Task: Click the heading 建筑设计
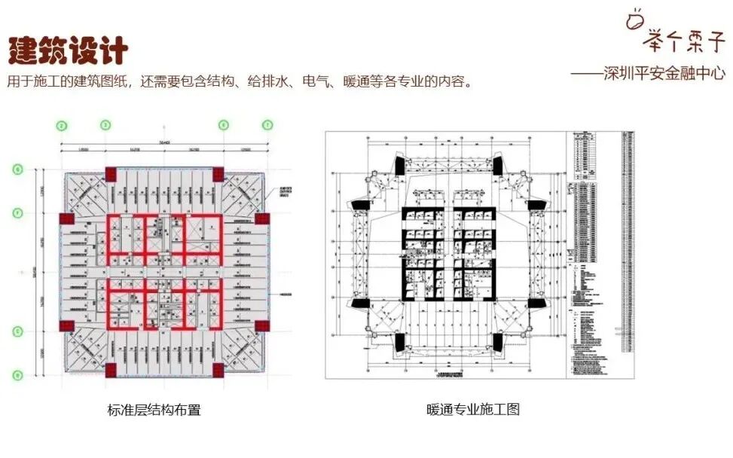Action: tap(68, 49)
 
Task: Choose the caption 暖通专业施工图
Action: tap(472, 411)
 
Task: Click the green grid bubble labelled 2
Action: tap(63, 125)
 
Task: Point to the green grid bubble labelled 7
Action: tap(267, 125)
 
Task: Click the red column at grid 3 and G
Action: tap(110, 173)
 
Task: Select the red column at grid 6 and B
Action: tap(219, 370)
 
